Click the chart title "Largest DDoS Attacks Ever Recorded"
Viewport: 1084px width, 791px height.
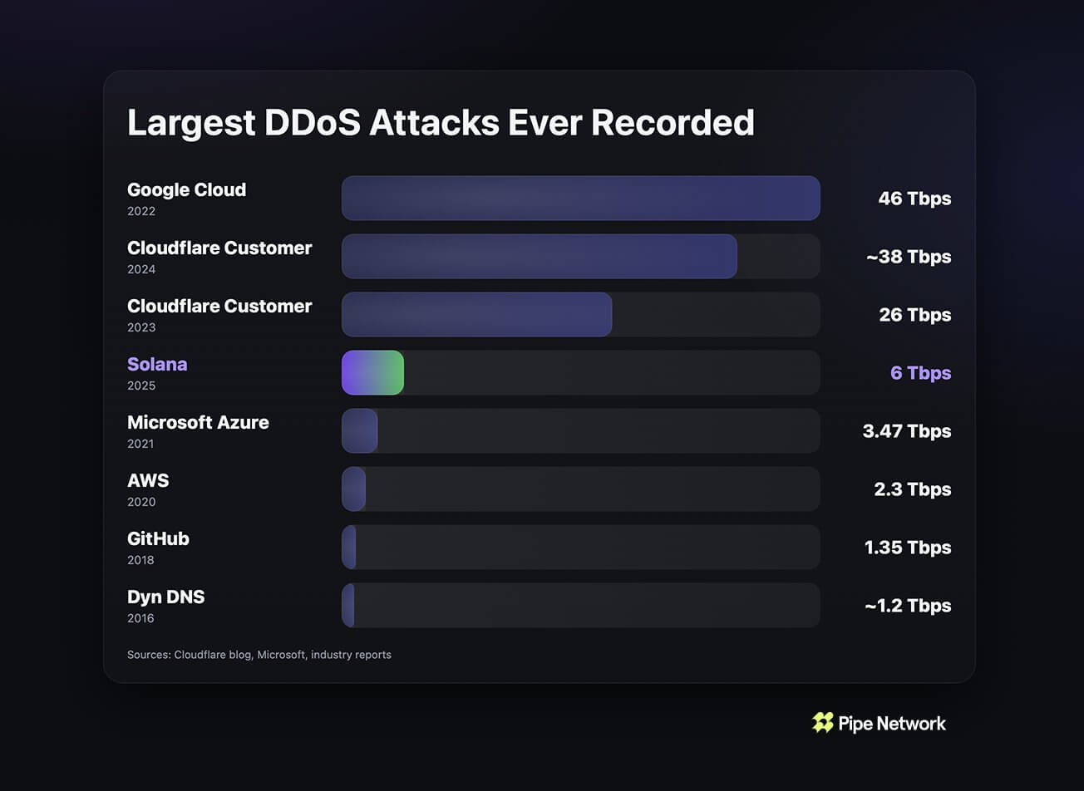(441, 122)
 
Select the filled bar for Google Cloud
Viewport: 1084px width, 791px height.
(580, 198)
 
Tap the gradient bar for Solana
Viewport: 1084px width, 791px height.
(372, 372)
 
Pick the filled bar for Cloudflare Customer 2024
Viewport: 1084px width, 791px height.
(539, 256)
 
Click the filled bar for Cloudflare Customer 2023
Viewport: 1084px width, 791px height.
(476, 314)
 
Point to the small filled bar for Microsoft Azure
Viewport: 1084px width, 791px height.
(360, 430)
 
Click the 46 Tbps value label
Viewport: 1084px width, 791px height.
(914, 199)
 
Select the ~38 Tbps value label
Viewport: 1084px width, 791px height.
(908, 257)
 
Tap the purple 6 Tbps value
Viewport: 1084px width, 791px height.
(920, 373)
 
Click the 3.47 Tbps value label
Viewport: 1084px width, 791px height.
(907, 431)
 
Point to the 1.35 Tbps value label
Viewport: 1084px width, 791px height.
(908, 548)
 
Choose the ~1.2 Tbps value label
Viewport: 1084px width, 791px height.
(907, 606)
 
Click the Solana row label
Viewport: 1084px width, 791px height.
(157, 364)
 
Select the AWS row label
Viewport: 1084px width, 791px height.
(148, 480)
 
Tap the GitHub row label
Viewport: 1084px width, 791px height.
(158, 538)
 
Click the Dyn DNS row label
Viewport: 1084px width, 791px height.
(165, 597)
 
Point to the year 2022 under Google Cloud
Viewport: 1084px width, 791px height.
(141, 211)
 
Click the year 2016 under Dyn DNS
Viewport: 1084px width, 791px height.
(140, 618)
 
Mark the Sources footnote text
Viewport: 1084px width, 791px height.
(259, 655)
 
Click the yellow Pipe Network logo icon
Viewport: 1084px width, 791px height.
(823, 723)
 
